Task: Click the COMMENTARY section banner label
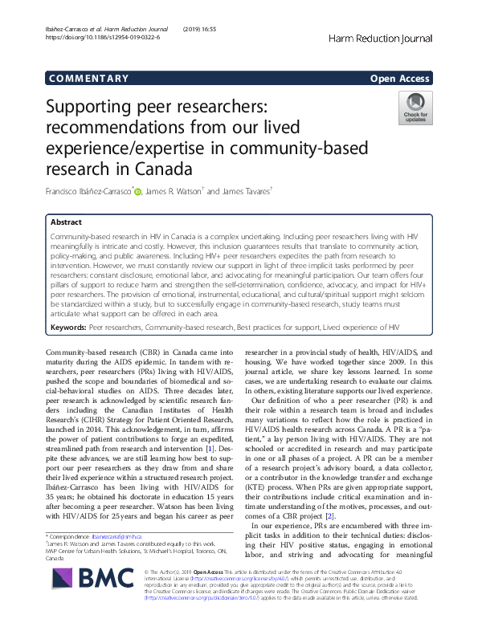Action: tap(88, 79)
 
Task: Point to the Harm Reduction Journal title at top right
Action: tap(382, 38)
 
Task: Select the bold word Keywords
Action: tap(67, 328)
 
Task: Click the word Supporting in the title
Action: tap(97, 108)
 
